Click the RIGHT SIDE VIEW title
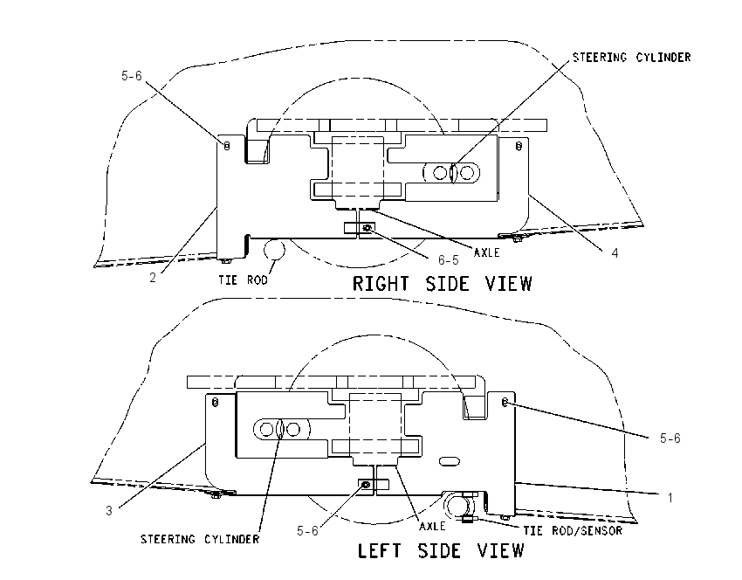pyautogui.click(x=443, y=284)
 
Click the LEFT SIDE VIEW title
pyautogui.click(x=441, y=550)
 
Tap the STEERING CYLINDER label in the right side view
pyautogui.click(x=632, y=58)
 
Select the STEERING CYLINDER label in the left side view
pyautogui.click(x=200, y=539)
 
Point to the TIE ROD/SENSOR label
pyautogui.click(x=573, y=531)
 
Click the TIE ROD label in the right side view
pyautogui.click(x=243, y=280)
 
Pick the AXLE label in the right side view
pyautogui.click(x=487, y=252)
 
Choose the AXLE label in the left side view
pyautogui.click(x=432, y=526)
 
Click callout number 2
pyautogui.click(x=153, y=278)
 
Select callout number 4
pyautogui.click(x=615, y=253)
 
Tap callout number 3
pyautogui.click(x=109, y=511)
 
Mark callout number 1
pyautogui.click(x=670, y=498)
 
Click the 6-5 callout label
pyautogui.click(x=448, y=260)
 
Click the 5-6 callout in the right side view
pyautogui.click(x=132, y=76)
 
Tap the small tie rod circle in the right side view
pyautogui.click(x=274, y=249)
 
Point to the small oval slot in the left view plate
pyautogui.click(x=449, y=461)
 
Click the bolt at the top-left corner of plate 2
pyautogui.click(x=227, y=146)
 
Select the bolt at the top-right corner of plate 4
pyautogui.click(x=519, y=146)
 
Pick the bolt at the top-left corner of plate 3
pyautogui.click(x=215, y=403)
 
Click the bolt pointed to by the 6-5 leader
pyautogui.click(x=367, y=228)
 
